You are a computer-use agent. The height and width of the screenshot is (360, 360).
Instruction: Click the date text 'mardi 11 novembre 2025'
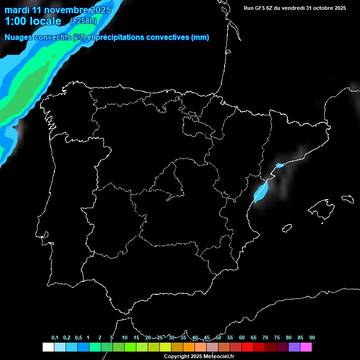[58, 10]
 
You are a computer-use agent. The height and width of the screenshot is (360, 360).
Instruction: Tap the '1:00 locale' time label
[33, 21]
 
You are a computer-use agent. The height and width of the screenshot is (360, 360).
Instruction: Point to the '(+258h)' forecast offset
[84, 21]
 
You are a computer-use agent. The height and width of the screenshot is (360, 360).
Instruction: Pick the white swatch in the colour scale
[48, 347]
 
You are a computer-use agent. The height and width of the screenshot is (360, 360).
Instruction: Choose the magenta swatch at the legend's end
[306, 347]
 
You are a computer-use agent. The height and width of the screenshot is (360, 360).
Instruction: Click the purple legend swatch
[294, 347]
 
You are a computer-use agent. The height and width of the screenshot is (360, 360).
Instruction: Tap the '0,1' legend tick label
[55, 338]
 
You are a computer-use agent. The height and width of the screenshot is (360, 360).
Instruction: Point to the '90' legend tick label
[312, 338]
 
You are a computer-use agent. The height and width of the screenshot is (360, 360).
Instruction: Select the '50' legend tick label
[218, 338]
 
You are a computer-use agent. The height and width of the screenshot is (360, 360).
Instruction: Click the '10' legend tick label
[125, 338]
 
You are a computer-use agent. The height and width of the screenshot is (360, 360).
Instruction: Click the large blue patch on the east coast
[261, 191]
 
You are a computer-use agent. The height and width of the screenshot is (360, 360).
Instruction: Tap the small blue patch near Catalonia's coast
[280, 165]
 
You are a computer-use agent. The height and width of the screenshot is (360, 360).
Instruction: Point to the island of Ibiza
[287, 228]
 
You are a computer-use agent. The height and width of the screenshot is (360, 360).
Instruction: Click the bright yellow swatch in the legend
[165, 347]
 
